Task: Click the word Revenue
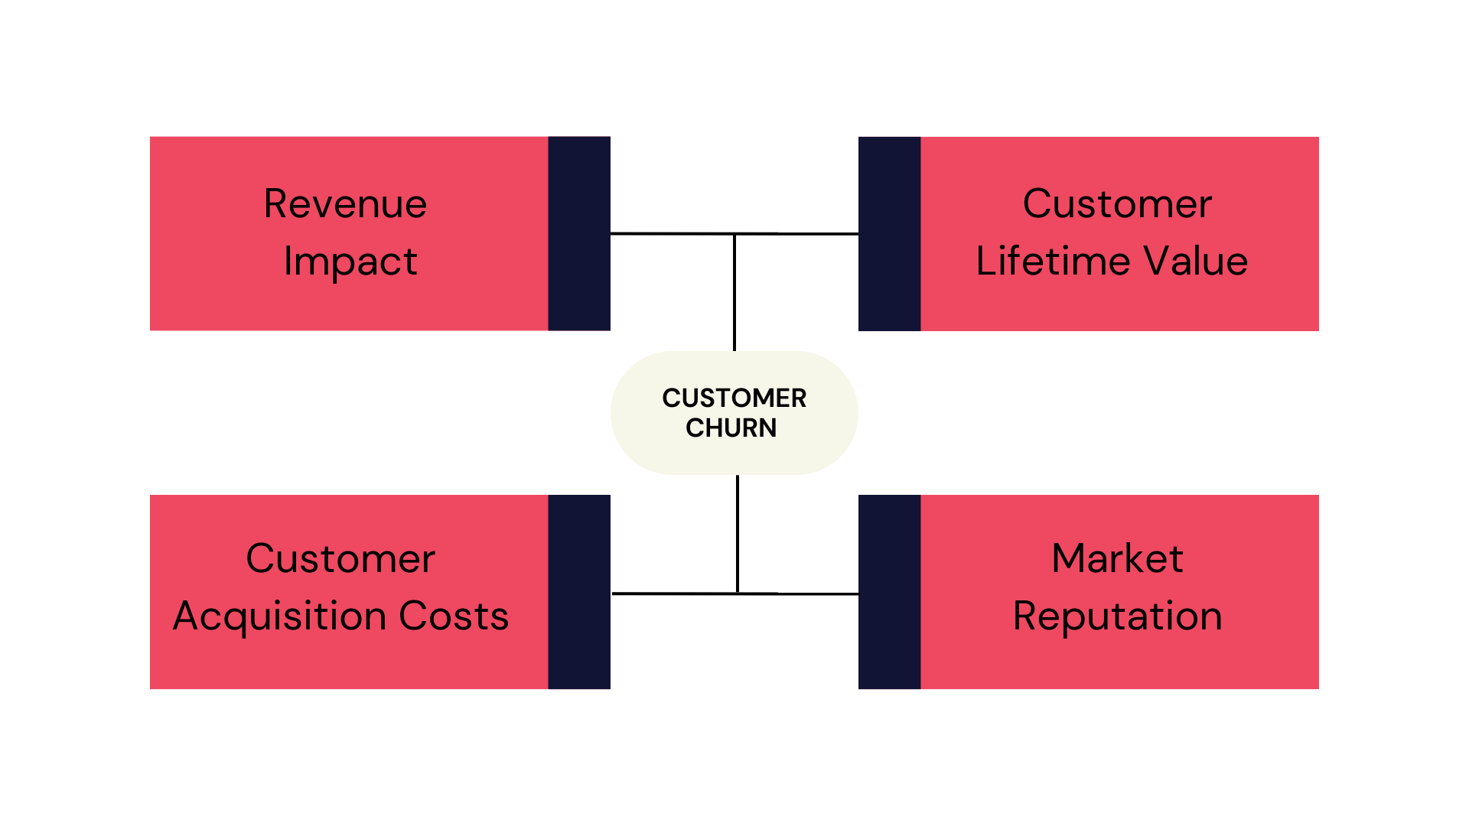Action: click(x=345, y=204)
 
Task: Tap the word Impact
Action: click(x=350, y=262)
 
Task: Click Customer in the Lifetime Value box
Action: click(x=1117, y=204)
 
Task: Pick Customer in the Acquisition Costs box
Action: click(x=340, y=558)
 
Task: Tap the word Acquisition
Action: click(x=279, y=616)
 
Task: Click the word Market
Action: click(x=1117, y=558)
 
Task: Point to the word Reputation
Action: click(x=1117, y=616)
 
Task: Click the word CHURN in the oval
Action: click(x=731, y=428)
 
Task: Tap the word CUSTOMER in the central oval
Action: click(x=734, y=398)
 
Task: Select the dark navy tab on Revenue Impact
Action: click(x=579, y=233)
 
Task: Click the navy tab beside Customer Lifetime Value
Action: click(x=889, y=233)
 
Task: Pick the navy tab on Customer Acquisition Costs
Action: click(x=579, y=592)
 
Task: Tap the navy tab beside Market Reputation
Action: click(x=889, y=592)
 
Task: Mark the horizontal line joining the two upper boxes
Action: click(x=673, y=233)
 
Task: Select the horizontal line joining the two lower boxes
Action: click(x=673, y=593)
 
